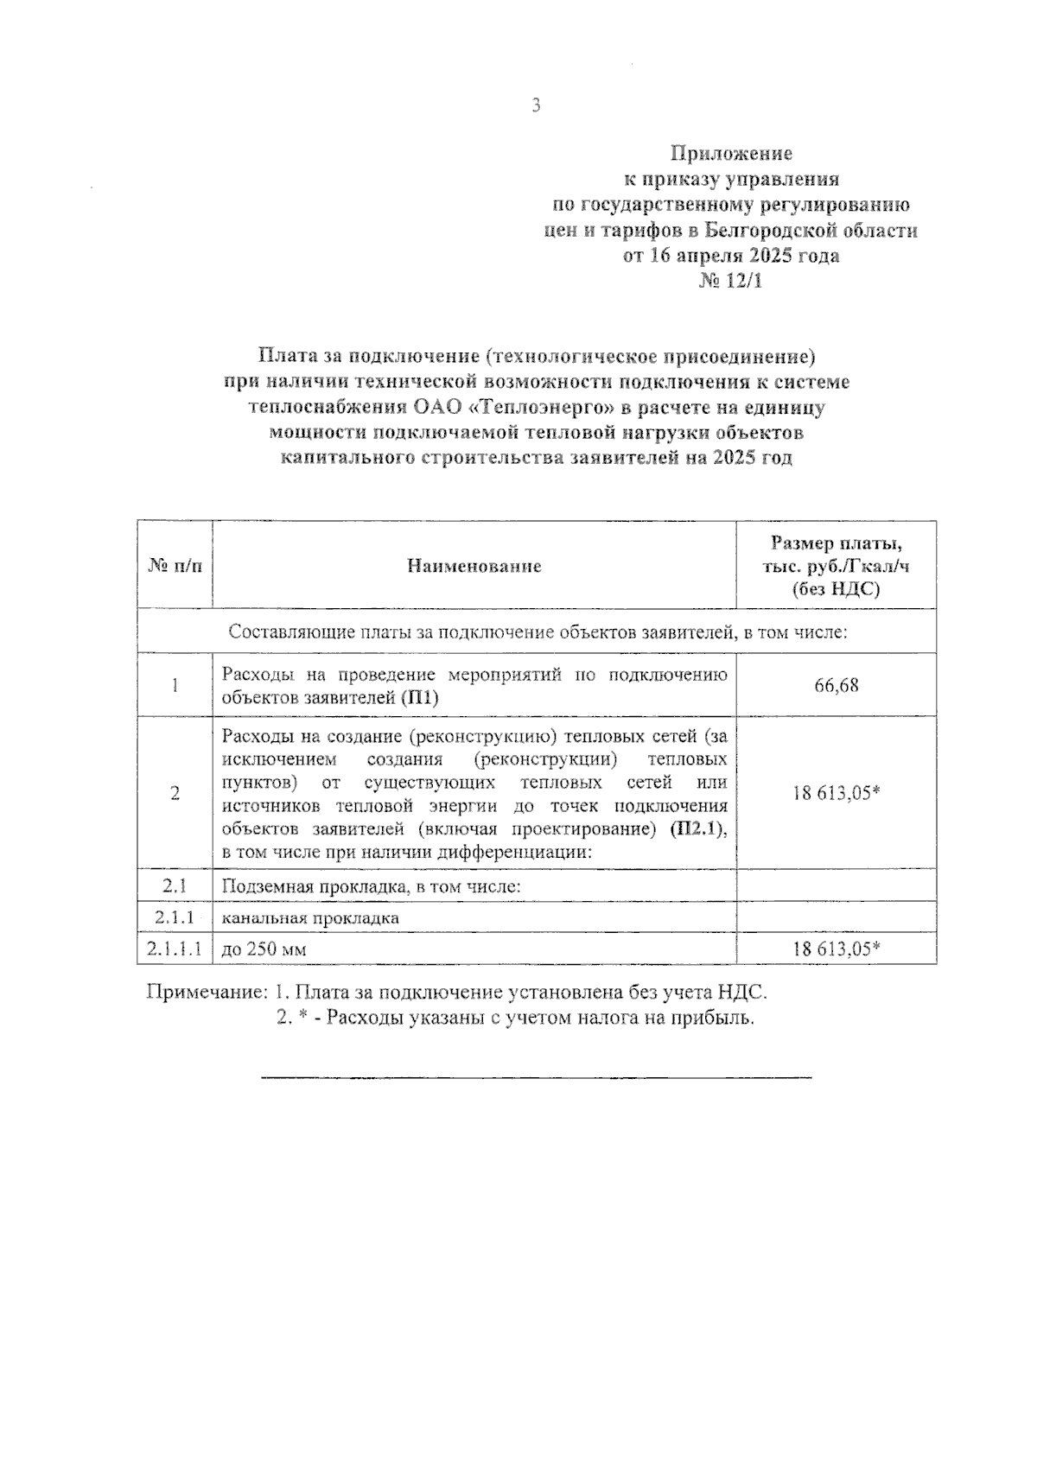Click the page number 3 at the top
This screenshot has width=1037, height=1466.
pyautogui.click(x=536, y=106)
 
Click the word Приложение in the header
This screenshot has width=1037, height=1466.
pyautogui.click(x=731, y=154)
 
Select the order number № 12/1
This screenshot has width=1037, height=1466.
pyautogui.click(x=731, y=282)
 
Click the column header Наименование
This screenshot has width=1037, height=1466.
pyautogui.click(x=474, y=567)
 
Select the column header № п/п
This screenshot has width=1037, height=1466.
pyautogui.click(x=175, y=567)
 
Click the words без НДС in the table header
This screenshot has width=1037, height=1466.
pyautogui.click(x=836, y=589)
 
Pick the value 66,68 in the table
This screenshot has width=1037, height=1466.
pyautogui.click(x=836, y=686)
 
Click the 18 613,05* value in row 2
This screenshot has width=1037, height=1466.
pyautogui.click(x=836, y=793)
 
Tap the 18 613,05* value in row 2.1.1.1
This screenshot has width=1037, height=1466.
pyautogui.click(x=836, y=949)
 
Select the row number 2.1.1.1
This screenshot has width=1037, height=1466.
pyautogui.click(x=175, y=949)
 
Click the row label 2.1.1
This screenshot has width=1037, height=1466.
pyautogui.click(x=175, y=917)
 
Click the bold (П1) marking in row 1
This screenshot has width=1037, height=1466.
pyautogui.click(x=419, y=698)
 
